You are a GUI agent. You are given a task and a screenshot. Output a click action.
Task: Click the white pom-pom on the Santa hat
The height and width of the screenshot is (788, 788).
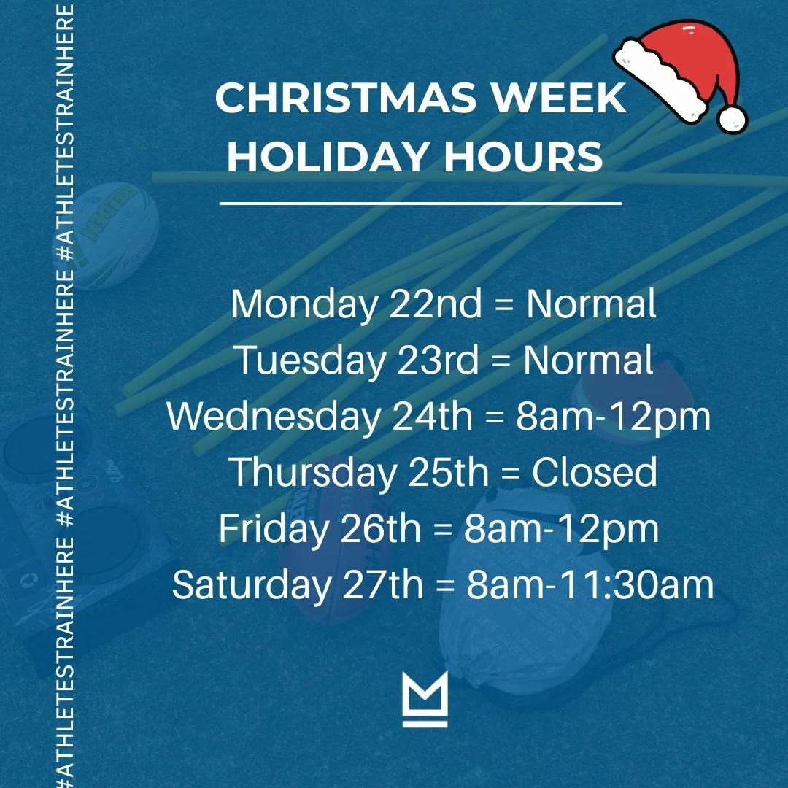(732, 117)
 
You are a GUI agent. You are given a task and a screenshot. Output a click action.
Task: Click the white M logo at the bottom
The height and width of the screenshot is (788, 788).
(425, 700)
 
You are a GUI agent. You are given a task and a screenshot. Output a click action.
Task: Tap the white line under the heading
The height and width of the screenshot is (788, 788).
(420, 204)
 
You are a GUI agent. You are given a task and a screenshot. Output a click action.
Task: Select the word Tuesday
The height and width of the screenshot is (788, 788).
(310, 360)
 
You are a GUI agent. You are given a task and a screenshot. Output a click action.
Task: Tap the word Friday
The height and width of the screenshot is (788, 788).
(274, 529)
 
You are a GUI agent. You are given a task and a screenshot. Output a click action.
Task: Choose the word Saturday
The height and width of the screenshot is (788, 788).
(250, 585)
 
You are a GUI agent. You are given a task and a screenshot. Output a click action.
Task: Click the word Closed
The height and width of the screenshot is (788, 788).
(594, 473)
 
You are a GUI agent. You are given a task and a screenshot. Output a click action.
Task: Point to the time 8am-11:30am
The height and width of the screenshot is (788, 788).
(590, 585)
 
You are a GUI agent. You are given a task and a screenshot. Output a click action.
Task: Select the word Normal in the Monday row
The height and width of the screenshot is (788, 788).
(591, 304)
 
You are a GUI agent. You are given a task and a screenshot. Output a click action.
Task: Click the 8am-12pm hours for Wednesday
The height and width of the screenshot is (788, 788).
(613, 417)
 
